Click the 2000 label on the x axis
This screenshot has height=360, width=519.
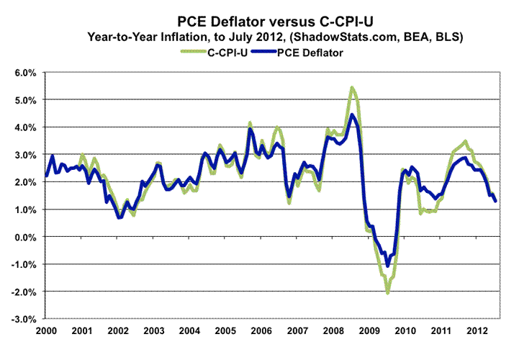point(46,330)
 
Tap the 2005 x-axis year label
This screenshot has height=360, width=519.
point(226,330)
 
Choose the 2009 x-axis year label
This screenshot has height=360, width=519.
point(370,330)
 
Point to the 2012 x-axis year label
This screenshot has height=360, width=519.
point(478,330)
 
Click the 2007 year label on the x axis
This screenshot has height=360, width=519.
point(298,330)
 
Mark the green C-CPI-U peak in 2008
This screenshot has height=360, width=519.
point(351,88)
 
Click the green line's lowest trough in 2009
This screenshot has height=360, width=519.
point(387,293)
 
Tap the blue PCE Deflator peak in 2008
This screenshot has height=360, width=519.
point(351,114)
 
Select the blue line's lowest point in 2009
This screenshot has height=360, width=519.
point(387,266)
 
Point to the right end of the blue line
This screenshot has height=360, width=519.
point(495,201)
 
